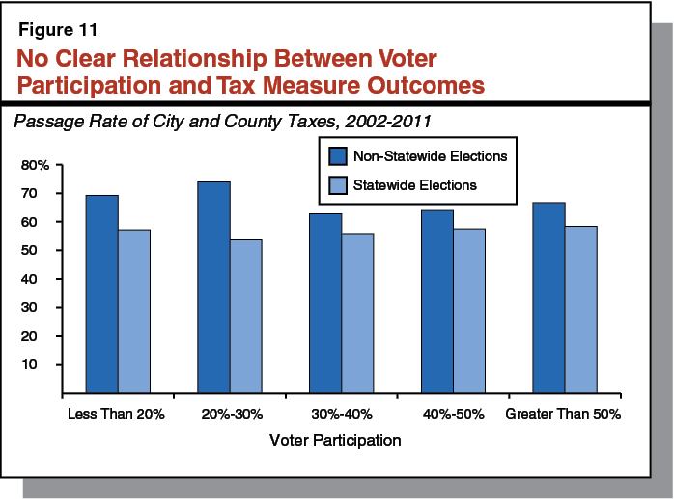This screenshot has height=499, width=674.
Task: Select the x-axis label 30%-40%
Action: pos(341,414)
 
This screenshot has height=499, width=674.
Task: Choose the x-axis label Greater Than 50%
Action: pos(563,414)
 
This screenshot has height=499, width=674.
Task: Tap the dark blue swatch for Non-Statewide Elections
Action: pos(338,154)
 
